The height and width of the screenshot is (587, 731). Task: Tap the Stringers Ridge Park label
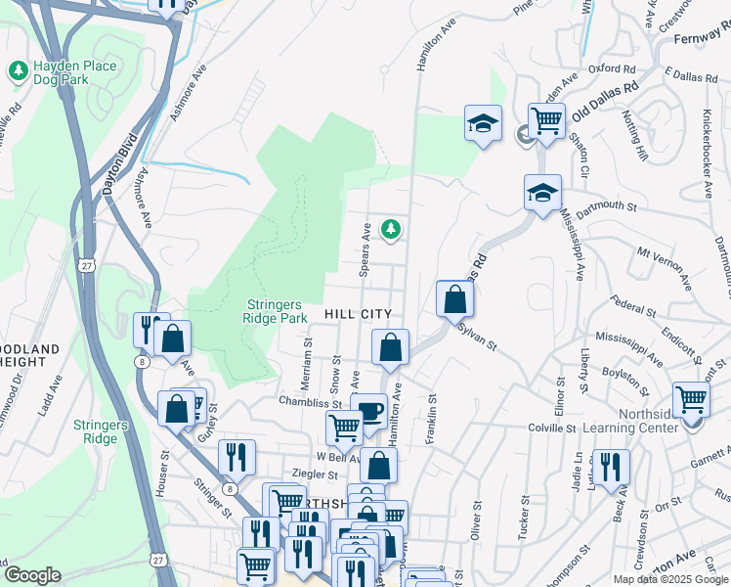275,310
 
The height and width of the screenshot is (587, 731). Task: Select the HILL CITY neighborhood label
359,314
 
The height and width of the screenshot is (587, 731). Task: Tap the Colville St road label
552,428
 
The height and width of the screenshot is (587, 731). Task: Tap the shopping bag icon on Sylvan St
454,298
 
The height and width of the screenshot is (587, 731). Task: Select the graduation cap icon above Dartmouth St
541,192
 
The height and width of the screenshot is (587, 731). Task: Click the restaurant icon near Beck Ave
612,467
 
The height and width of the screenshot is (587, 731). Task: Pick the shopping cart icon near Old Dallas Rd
546,122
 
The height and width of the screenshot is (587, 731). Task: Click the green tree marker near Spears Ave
391,229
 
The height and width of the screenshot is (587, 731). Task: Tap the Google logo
31,575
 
